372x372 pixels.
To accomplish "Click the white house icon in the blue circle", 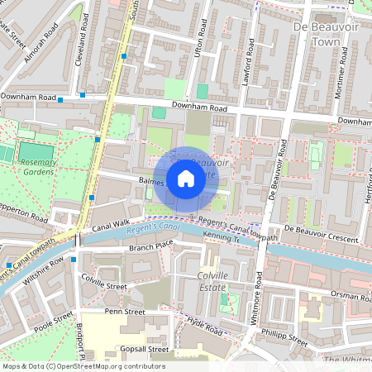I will click(186, 179).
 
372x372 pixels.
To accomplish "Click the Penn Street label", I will click(124, 312).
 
